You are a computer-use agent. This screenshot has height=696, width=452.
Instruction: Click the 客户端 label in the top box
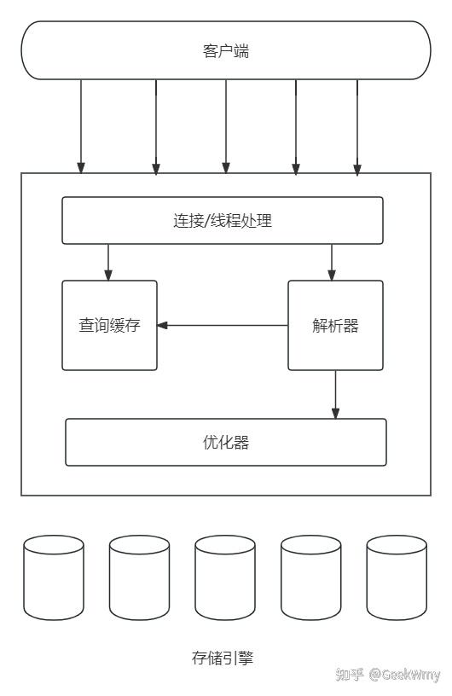coord(226,51)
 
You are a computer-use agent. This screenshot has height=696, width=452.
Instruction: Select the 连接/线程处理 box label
coord(223,221)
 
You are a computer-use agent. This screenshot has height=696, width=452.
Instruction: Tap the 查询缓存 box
coord(110,325)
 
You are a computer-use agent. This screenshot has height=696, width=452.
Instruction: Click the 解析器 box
coord(336,325)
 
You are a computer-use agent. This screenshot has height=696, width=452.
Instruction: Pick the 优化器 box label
coord(226,442)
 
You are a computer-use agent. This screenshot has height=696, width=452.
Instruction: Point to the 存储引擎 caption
coord(223,658)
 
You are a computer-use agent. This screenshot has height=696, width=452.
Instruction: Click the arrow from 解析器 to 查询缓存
coord(223,325)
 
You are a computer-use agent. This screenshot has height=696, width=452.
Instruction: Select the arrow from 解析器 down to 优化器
coord(336,394)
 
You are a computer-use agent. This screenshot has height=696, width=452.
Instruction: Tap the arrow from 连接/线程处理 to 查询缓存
coord(108,263)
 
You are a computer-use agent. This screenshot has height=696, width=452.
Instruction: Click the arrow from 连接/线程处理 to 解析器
coord(332,263)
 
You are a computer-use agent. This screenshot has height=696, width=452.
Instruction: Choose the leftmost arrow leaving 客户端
coord(81,126)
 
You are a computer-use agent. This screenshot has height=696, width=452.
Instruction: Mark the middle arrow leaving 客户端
coord(226,126)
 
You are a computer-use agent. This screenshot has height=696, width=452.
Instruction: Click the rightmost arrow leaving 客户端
coord(357,127)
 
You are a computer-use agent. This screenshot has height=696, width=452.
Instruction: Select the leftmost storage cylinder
coord(54,577)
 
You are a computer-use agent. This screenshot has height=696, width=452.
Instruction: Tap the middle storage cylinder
coord(225,577)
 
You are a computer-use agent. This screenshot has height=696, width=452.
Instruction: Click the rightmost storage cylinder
coord(397,577)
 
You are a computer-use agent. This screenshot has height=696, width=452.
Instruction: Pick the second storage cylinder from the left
coord(139,577)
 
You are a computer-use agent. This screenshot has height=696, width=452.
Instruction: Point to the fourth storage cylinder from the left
coord(311,577)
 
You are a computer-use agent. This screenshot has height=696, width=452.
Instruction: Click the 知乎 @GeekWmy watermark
coord(388,675)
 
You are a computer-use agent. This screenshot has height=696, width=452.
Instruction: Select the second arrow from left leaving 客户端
coord(156,127)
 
